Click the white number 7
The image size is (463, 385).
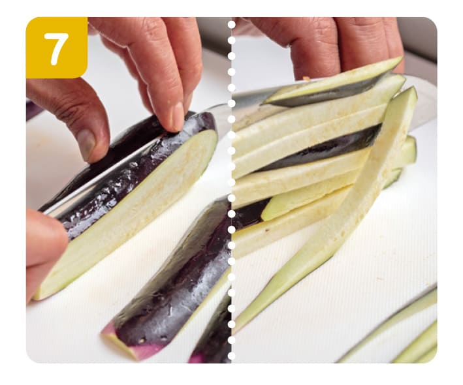pyautogui.click(x=56, y=48)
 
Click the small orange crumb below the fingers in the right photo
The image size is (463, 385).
pyautogui.click(x=307, y=78)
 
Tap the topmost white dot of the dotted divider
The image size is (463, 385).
pyautogui.click(x=231, y=25)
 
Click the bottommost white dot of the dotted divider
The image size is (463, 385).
pyautogui.click(x=231, y=356)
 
